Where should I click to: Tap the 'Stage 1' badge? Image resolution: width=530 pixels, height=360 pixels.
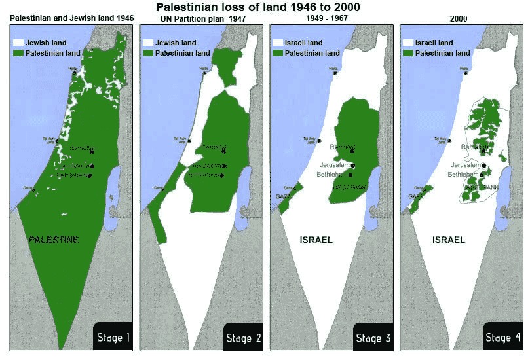tap(113, 338)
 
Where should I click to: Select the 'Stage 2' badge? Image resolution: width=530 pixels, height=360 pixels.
tap(243, 338)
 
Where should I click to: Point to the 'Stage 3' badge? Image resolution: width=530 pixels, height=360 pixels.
tap(373, 338)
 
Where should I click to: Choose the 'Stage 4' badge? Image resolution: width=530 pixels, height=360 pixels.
tap(502, 338)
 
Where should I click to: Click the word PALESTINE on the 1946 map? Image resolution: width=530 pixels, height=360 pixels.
tap(54, 240)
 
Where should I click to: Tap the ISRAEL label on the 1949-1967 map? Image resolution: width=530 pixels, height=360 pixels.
tap(316, 240)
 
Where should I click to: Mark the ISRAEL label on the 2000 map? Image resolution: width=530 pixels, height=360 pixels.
tap(448, 240)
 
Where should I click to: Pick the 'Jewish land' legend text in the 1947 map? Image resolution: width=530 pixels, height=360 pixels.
tap(174, 43)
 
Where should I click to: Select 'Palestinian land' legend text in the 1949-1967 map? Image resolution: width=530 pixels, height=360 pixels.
tap(313, 52)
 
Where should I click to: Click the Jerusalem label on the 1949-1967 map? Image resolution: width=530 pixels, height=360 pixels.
tap(335, 165)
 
